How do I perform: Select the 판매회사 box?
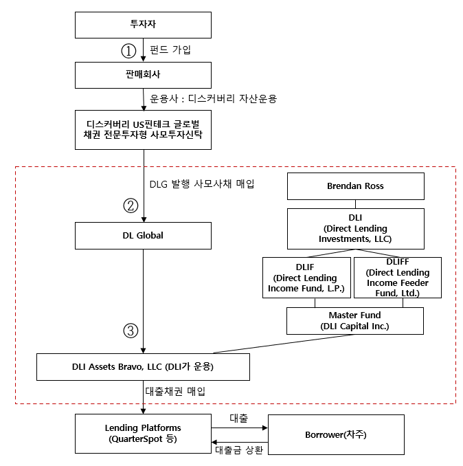coord(143,75)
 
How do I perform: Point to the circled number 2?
coord(130,205)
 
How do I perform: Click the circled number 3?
coord(130,330)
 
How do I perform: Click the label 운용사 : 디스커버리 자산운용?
coord(213,98)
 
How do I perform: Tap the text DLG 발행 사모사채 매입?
coord(201,184)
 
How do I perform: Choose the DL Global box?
coord(143,235)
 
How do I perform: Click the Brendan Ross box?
coord(354,186)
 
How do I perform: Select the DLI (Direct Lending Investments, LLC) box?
coord(354,228)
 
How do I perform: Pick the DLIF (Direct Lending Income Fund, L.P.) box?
coord(306,278)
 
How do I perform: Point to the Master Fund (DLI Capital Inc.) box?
coord(354,321)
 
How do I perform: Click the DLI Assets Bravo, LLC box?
coord(143,366)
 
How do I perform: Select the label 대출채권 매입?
coord(173,390)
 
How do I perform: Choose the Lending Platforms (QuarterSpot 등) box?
coord(143,434)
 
